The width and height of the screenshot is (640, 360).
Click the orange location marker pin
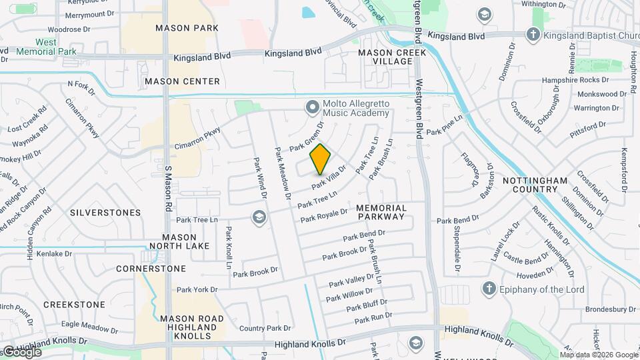[x=321, y=159]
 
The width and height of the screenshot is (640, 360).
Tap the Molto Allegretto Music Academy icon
[x=312, y=107]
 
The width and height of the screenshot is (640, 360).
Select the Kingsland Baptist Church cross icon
[x=533, y=34]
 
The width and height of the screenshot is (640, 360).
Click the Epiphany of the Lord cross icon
[x=489, y=289]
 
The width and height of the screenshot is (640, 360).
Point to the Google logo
[x=21, y=352]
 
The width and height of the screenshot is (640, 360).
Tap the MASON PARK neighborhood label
[x=187, y=28]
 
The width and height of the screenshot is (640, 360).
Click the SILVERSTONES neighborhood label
[x=105, y=213]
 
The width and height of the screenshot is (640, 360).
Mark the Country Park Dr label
[x=262, y=328]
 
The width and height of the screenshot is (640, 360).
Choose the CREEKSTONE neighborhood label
[x=74, y=305]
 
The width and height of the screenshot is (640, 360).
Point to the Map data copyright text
[x=599, y=354]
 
